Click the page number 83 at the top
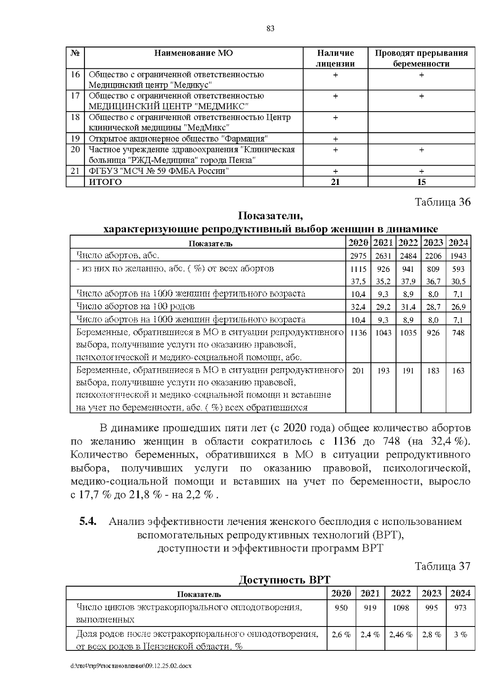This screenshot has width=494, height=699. tap(270, 29)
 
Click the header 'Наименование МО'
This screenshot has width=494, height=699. tap(193, 53)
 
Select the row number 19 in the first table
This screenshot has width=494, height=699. tap(75, 138)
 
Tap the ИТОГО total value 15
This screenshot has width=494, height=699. tap(421, 182)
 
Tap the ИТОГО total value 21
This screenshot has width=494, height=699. tap(335, 182)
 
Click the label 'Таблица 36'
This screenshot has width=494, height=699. tap(442, 202)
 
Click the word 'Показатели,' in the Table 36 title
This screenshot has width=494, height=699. tap(270, 216)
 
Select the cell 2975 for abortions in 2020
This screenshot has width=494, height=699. tap(358, 256)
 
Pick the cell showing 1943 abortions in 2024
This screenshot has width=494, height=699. tap(458, 256)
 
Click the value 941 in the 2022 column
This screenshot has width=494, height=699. tap(408, 269)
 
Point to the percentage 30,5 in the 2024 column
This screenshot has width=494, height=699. tap(458, 282)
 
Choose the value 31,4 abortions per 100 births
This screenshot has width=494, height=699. tap(408, 307)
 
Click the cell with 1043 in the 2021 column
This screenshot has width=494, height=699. tap(383, 333)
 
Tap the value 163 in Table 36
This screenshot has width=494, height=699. tap(458, 371)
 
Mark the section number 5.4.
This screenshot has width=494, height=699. tap(88, 521)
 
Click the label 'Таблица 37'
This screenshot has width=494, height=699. tap(442, 566)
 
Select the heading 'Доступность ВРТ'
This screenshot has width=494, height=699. tap(284, 580)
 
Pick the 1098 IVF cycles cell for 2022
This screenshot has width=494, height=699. tap(401, 608)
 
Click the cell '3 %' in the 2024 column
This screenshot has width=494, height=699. tap(460, 635)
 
